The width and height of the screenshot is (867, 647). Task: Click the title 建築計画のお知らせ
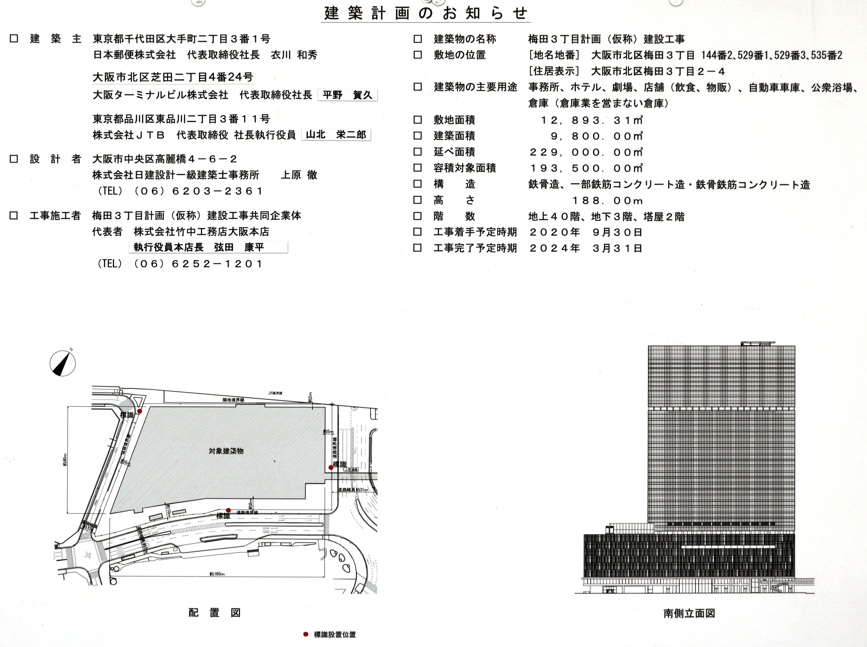[426, 13]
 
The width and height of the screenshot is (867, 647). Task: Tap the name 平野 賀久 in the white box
[347, 95]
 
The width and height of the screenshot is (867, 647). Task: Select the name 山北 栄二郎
[336, 135]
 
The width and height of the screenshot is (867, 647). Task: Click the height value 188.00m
[607, 201]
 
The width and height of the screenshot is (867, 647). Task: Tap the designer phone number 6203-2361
[218, 191]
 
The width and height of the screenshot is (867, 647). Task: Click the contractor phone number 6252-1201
[218, 264]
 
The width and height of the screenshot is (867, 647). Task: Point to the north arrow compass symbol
[63, 363]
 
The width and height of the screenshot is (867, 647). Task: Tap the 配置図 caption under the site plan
[214, 613]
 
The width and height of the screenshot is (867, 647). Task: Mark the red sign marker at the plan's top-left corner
[140, 411]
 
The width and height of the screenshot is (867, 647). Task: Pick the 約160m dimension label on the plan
[217, 574]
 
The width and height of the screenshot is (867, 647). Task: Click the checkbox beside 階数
[418, 216]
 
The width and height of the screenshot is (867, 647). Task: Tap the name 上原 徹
[299, 175]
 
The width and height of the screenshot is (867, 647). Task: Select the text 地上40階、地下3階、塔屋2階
[606, 217]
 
